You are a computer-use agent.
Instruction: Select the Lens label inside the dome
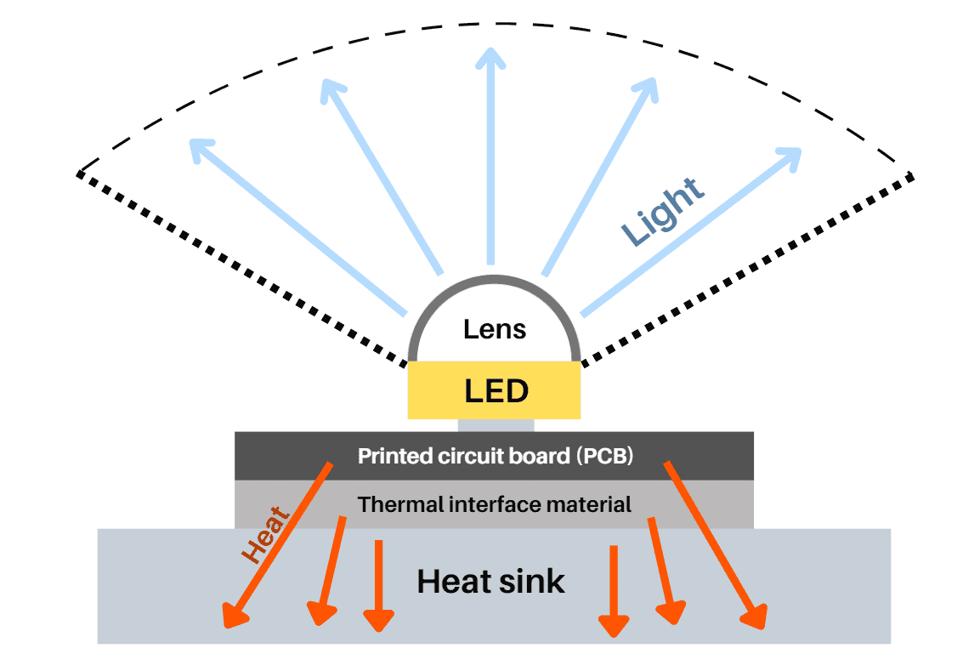495,329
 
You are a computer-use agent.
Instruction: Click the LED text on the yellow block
496,391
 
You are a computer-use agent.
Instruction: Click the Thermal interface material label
495,504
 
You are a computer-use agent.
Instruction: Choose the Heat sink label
490,582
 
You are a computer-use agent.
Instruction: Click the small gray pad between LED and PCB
496,425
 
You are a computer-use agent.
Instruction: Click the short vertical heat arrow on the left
378,587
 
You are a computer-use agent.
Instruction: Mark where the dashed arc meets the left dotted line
79,173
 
